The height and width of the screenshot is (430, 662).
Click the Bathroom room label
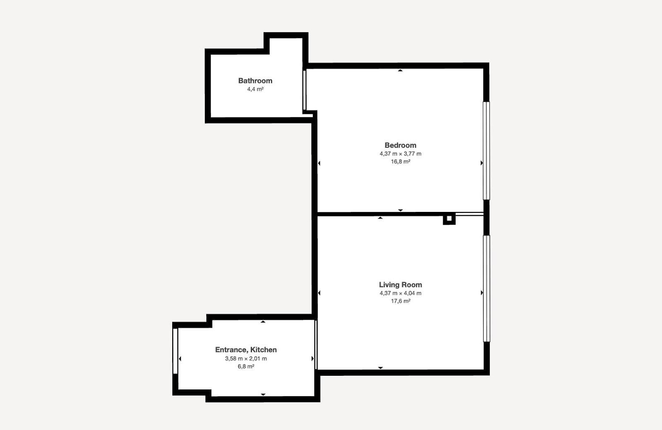click(255, 81)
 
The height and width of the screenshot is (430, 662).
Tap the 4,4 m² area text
click(255, 89)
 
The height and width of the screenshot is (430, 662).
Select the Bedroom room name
click(401, 145)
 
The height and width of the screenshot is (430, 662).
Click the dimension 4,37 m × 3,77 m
click(401, 154)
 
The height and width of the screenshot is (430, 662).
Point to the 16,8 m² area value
click(401, 162)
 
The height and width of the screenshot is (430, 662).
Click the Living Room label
click(401, 285)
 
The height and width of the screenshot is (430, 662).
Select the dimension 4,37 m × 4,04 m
click(401, 293)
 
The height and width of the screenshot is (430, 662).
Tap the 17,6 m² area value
click(401, 301)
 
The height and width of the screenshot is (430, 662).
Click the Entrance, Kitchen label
click(246, 350)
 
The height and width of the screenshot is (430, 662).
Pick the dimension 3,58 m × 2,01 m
click(246, 358)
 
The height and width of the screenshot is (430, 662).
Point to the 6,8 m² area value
click(246, 366)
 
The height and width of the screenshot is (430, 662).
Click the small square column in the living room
click(449, 219)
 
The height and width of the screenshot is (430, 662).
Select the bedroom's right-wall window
click(486, 151)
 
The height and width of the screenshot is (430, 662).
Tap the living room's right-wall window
click(486, 289)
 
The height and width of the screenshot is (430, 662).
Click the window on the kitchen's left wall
click(175, 351)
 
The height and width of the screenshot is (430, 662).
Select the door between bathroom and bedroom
click(305, 90)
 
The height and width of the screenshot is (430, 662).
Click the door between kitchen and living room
click(316, 345)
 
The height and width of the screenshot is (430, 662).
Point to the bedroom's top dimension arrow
click(400, 70)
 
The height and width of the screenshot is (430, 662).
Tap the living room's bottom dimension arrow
click(380, 368)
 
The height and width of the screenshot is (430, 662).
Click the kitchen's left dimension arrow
click(180, 358)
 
